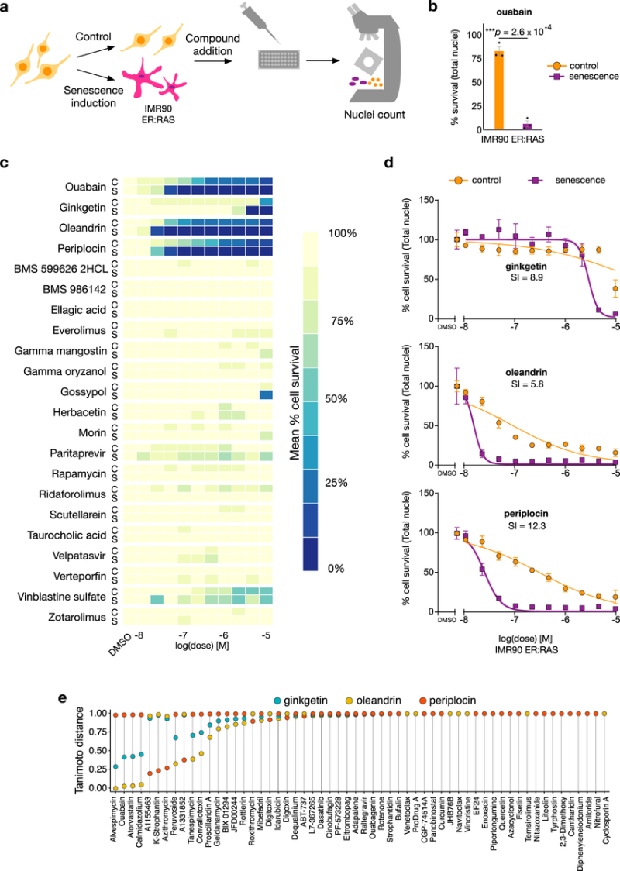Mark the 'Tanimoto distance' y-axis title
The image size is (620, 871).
click(x=80, y=749)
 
